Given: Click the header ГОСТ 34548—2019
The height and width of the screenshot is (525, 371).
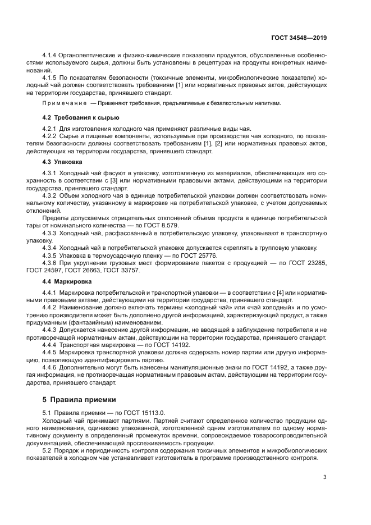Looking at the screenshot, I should [299, 38].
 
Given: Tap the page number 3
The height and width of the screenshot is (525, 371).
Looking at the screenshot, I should [324, 477].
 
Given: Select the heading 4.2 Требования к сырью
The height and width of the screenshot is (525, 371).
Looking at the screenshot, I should [81, 117].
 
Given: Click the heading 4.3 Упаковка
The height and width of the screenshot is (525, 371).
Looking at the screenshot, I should [63, 161].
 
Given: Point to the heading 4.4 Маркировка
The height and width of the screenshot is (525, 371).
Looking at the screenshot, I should [67, 280].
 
